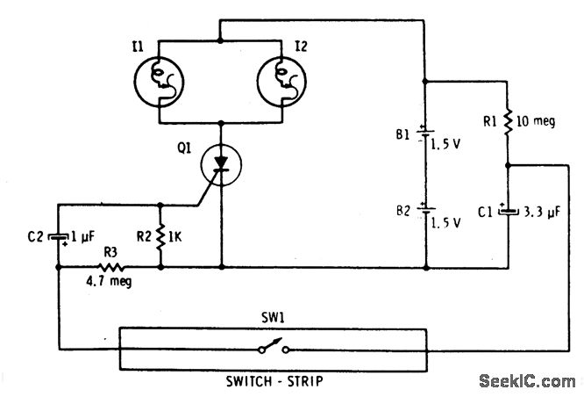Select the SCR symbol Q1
coord(220,165)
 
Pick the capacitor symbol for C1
coord(509,212)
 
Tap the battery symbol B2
coord(425,212)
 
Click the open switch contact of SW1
coord(273,350)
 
